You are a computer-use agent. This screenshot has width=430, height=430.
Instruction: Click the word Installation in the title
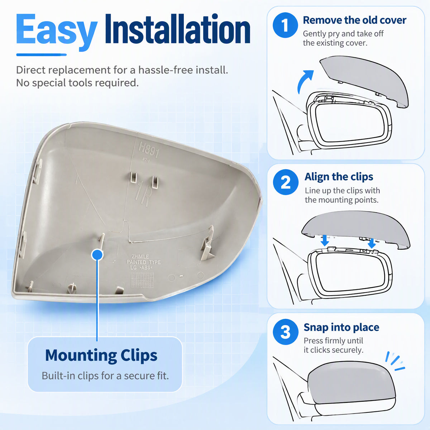pyautogui.click(x=178, y=29)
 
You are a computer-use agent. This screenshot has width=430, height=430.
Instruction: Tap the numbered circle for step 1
pyautogui.click(x=285, y=25)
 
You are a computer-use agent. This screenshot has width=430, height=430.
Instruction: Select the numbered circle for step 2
pyautogui.click(x=286, y=182)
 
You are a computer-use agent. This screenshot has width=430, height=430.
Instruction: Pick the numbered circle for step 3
pyautogui.click(x=286, y=331)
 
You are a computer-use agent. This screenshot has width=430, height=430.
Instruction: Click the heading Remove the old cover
pyautogui.click(x=354, y=20)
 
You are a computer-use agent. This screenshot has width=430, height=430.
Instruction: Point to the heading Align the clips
pyautogui.click(x=339, y=177)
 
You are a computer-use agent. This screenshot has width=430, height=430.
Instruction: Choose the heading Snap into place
pyautogui.click(x=341, y=328)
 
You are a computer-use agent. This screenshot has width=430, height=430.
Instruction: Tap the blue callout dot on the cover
pyautogui.click(x=97, y=255)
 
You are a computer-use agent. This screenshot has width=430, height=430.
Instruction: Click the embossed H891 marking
pyautogui.click(x=149, y=149)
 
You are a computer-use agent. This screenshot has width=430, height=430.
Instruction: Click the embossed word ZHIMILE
pyautogui.click(x=140, y=257)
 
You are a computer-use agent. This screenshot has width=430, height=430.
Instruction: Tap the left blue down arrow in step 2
pyautogui.click(x=325, y=241)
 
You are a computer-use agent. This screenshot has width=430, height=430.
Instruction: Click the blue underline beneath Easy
pyautogui.click(x=42, y=55)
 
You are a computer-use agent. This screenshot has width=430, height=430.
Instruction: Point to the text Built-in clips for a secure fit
pyautogui.click(x=105, y=376)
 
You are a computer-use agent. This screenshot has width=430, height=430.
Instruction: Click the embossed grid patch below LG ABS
pyautogui.click(x=142, y=279)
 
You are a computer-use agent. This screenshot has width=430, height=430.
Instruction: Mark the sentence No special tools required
pyautogui.click(x=77, y=83)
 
